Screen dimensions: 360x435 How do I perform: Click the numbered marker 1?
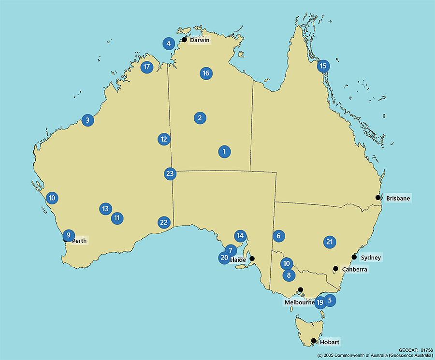pyautogui.click(x=224, y=152)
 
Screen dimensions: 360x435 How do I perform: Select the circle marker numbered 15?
pyautogui.click(x=323, y=66)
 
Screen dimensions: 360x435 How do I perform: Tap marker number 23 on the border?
pyautogui.click(x=170, y=173)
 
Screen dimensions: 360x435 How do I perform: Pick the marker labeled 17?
pyautogui.click(x=147, y=67)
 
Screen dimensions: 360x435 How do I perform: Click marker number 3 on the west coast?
pyautogui.click(x=87, y=120)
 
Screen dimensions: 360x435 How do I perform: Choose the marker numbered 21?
pyautogui.click(x=330, y=242)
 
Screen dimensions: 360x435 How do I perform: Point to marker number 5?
pyautogui.click(x=330, y=300)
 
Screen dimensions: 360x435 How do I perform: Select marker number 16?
pyautogui.click(x=206, y=73)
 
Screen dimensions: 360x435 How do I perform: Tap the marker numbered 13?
pyautogui.click(x=105, y=209)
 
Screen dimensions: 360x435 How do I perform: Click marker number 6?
pyautogui.click(x=278, y=236)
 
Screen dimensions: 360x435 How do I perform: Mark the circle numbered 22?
pyautogui.click(x=164, y=222)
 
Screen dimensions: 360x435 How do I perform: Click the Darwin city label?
pyautogui.click(x=200, y=40)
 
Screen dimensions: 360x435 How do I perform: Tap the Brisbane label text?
pyautogui.click(x=398, y=198)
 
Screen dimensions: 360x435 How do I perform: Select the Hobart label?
pyautogui.click(x=329, y=342)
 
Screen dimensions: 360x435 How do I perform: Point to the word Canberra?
pyautogui.click(x=354, y=269)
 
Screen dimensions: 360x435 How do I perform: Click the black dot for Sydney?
pyautogui.click(x=354, y=257)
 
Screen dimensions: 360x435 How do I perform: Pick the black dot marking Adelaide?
pyautogui.click(x=252, y=259)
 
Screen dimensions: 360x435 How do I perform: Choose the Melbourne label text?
pyautogui.click(x=299, y=302)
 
